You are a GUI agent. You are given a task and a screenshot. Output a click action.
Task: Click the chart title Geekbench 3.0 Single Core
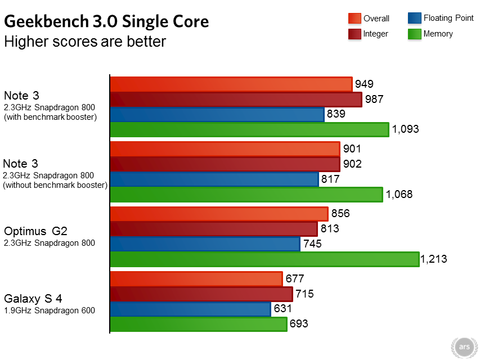107,21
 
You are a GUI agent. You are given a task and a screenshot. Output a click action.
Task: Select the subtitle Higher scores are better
85,42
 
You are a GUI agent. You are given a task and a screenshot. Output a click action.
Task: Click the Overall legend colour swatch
355,19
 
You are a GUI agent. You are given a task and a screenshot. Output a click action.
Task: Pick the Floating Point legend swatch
414,18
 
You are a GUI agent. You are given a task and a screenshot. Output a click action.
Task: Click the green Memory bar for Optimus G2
264,259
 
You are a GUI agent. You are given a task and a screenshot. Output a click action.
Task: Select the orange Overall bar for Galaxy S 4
196,279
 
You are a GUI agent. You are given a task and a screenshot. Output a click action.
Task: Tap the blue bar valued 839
217,115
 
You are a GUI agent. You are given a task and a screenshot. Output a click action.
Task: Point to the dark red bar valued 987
235,100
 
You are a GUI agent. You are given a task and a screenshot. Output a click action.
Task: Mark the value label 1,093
405,129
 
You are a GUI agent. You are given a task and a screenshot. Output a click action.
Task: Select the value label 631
282,309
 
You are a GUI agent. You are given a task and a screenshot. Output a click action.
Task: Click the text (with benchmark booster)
50,117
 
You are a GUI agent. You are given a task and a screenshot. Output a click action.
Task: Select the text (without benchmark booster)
55,184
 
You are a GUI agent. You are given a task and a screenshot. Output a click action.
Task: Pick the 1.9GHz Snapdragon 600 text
49,310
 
